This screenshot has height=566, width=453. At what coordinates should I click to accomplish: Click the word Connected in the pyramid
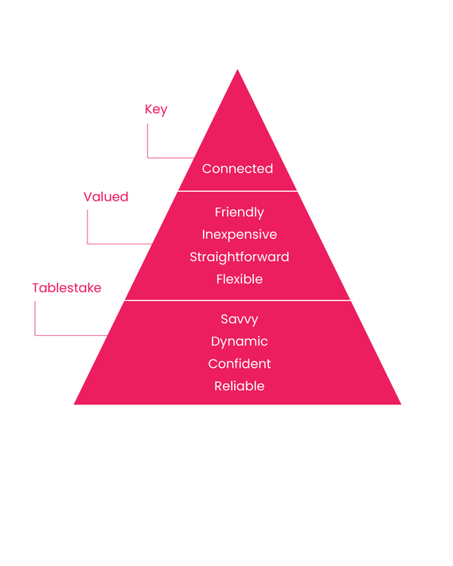click(237, 169)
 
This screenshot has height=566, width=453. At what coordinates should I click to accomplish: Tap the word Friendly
click(240, 213)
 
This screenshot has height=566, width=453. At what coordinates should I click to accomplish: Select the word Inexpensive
click(240, 235)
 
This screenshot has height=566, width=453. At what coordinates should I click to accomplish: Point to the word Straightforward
click(240, 256)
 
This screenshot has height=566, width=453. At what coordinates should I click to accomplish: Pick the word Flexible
click(240, 279)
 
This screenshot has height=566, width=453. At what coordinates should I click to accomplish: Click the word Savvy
click(240, 319)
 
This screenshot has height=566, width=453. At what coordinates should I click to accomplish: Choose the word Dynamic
click(240, 342)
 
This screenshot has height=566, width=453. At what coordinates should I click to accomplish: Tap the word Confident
click(240, 364)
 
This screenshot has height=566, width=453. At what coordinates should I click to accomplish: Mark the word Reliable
click(240, 386)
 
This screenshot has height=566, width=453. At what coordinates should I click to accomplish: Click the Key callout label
click(156, 109)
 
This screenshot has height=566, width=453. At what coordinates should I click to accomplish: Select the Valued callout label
click(106, 197)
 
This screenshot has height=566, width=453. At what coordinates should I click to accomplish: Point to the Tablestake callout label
click(67, 287)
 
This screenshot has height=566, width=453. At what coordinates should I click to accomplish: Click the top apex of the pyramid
click(237, 69)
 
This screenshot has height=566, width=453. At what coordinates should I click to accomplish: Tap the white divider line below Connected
click(237, 190)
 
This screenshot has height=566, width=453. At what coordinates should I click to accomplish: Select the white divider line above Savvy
click(237, 300)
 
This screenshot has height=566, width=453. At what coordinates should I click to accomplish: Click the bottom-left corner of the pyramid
click(74, 404)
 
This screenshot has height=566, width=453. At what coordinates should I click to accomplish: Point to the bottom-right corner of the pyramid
click(400, 404)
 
